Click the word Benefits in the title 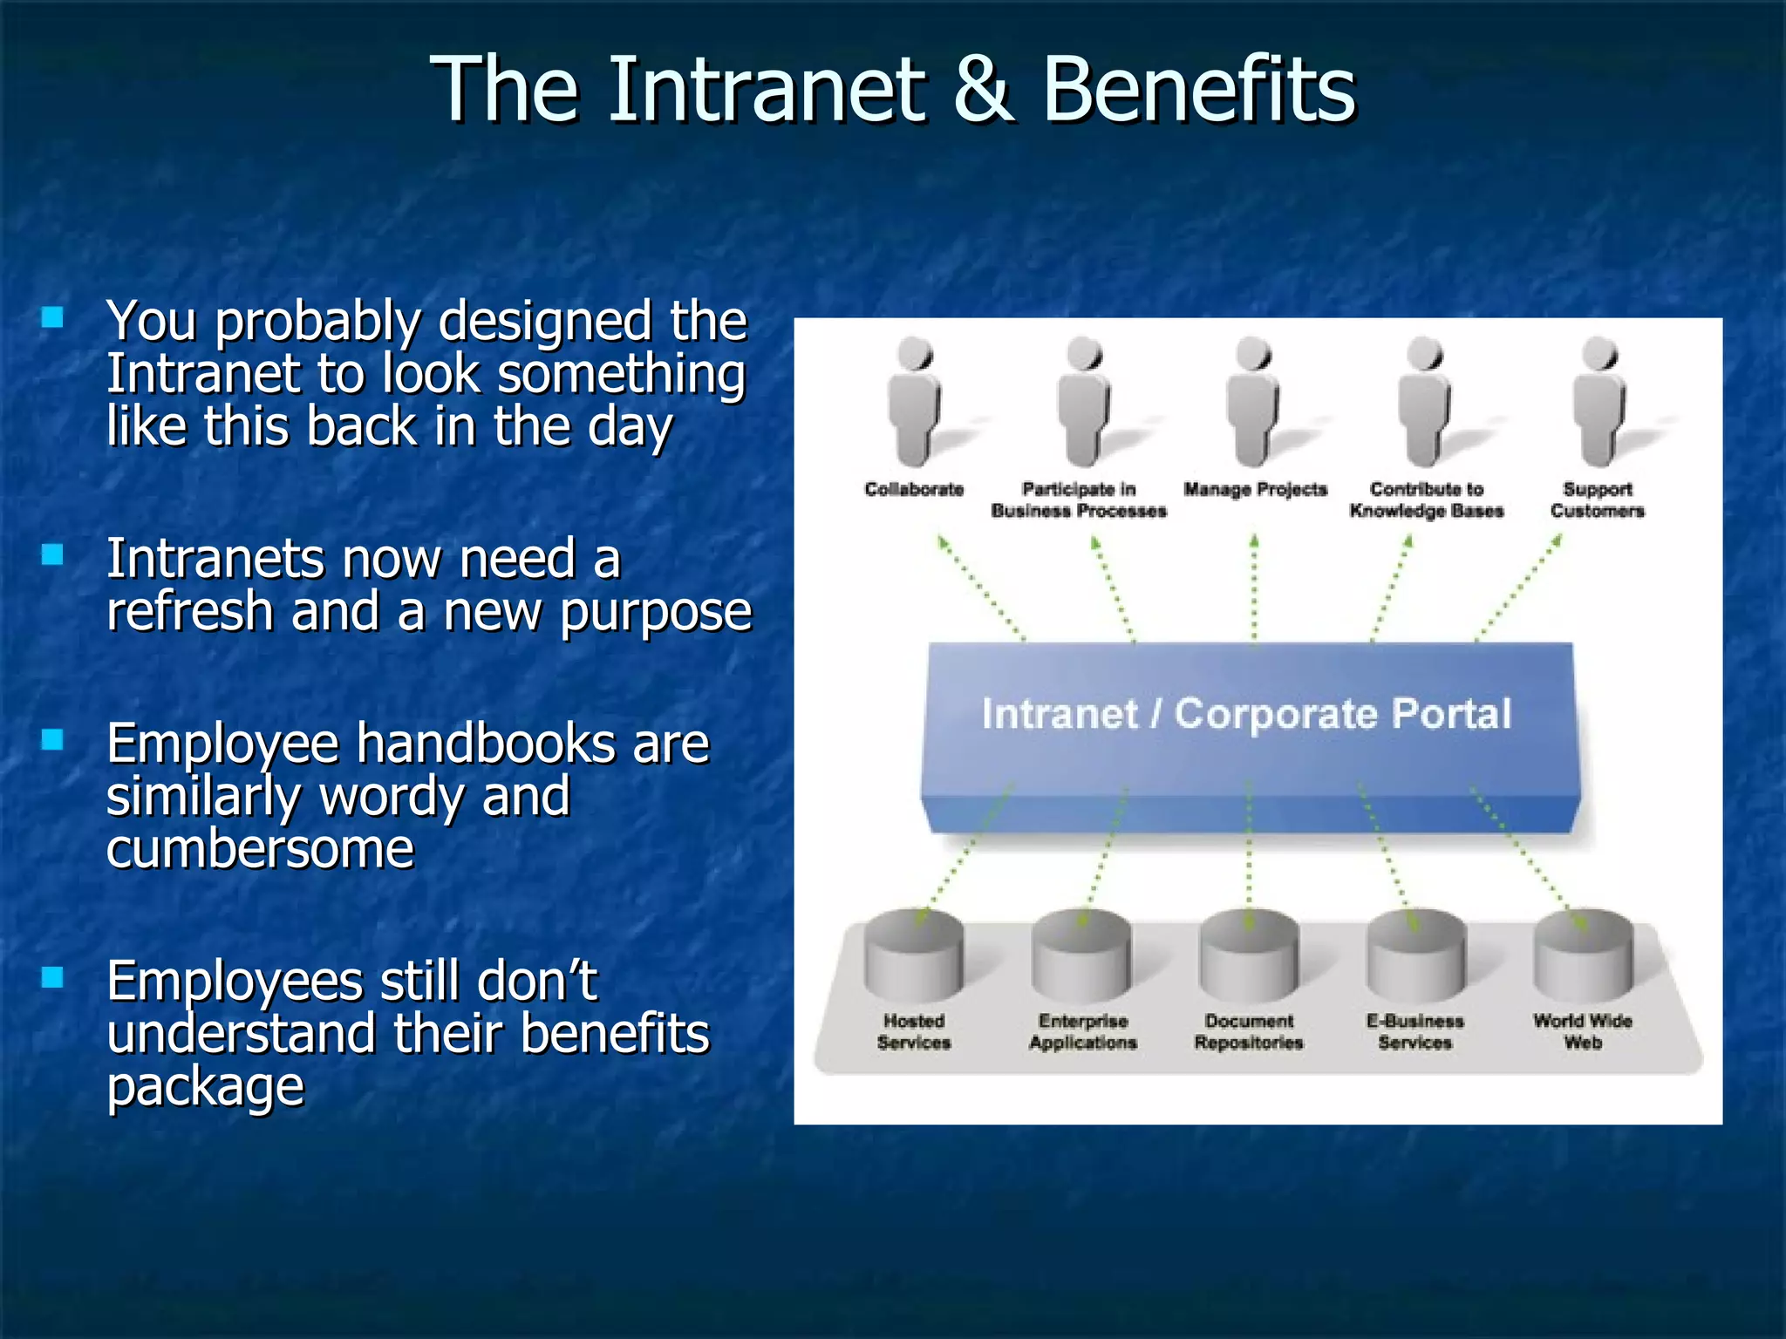coord(1199,89)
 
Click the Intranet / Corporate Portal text coord(1246,713)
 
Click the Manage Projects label coord(1255,489)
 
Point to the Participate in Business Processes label coord(1079,500)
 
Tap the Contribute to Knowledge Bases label coord(1426,500)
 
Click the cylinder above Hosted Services coord(913,956)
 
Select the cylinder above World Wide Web coord(1583,956)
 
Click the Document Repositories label coord(1248,1031)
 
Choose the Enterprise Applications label coord(1082,1031)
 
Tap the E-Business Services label coord(1414,1031)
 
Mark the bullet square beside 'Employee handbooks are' coord(53,739)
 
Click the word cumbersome coord(260,848)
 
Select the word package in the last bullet coord(205,1086)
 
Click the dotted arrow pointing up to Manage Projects coord(1254,589)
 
